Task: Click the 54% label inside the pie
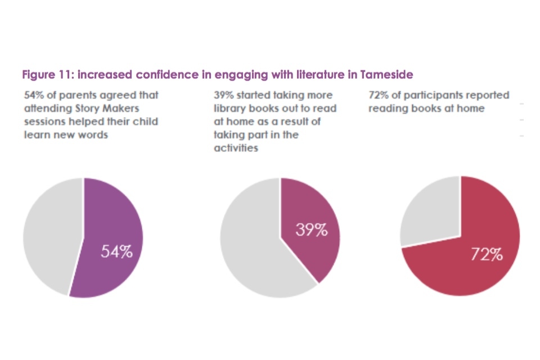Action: point(116,251)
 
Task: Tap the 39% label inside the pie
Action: point(311,229)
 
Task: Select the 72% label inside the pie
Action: point(487,255)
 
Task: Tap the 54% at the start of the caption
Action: point(33,95)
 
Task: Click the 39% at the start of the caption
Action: point(223,95)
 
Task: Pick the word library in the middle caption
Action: point(228,108)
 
